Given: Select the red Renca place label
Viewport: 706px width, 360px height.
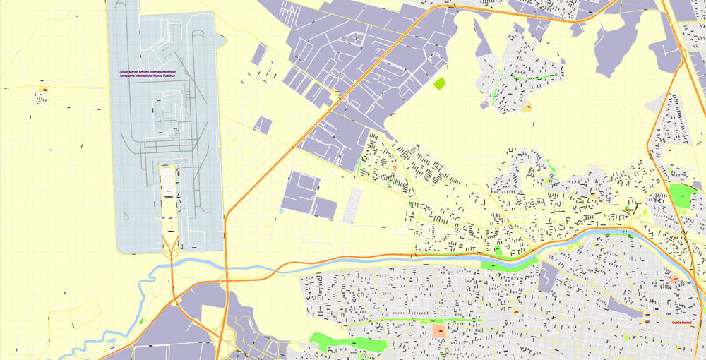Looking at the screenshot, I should point(629,209).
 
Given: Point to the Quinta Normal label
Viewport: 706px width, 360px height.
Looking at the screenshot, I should point(681,323).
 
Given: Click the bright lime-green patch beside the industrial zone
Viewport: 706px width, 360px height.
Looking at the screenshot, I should point(440,83).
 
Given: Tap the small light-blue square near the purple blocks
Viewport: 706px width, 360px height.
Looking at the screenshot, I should point(282,210).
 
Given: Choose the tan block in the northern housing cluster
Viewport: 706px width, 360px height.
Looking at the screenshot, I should point(527,107).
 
